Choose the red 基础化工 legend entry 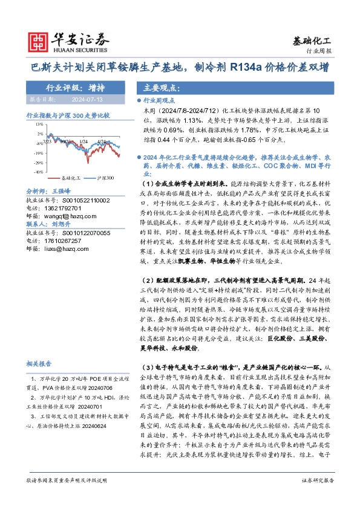68,179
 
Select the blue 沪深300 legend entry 103,179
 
